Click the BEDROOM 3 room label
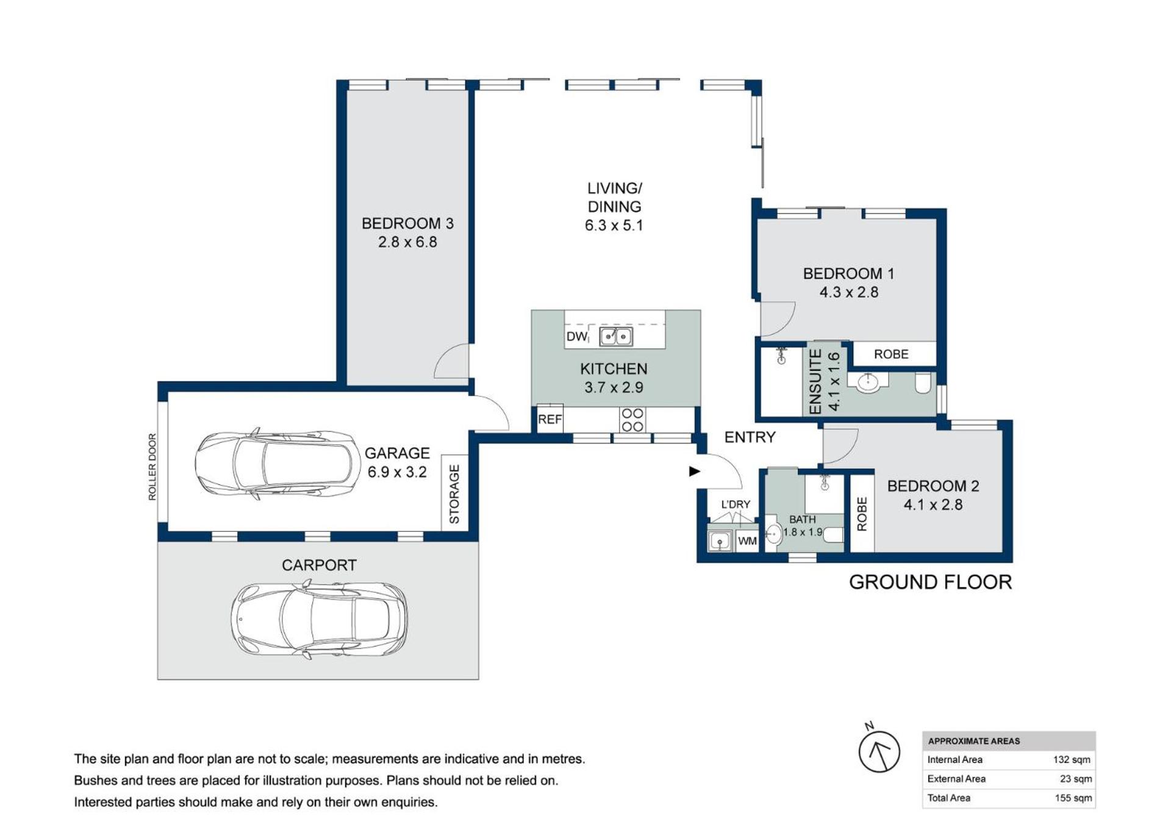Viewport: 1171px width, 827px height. pyautogui.click(x=407, y=223)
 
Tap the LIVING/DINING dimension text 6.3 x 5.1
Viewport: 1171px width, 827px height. pyautogui.click(x=614, y=225)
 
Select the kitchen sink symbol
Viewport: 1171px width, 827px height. pyautogui.click(x=616, y=336)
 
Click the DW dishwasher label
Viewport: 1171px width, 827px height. pyautogui.click(x=576, y=336)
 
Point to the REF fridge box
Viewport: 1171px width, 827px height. pyautogui.click(x=550, y=419)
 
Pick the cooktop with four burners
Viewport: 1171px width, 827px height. pyautogui.click(x=632, y=420)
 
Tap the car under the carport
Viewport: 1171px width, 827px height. pyautogui.click(x=319, y=619)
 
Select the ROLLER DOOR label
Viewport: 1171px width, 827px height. pyautogui.click(x=152, y=467)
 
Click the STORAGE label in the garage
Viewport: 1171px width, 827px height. pyautogui.click(x=454, y=494)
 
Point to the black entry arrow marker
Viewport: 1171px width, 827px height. pyautogui.click(x=694, y=471)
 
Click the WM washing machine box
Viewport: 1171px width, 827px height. pyautogui.click(x=747, y=540)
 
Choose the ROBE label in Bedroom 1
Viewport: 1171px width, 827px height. pyautogui.click(x=891, y=354)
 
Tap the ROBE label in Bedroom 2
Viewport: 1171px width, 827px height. pyautogui.click(x=862, y=514)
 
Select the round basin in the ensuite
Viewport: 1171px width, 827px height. pyautogui.click(x=867, y=382)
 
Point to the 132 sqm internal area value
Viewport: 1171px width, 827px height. pyautogui.click(x=1072, y=759)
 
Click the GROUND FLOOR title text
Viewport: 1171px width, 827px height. pyautogui.click(x=930, y=582)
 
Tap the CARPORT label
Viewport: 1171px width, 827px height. pyautogui.click(x=319, y=565)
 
